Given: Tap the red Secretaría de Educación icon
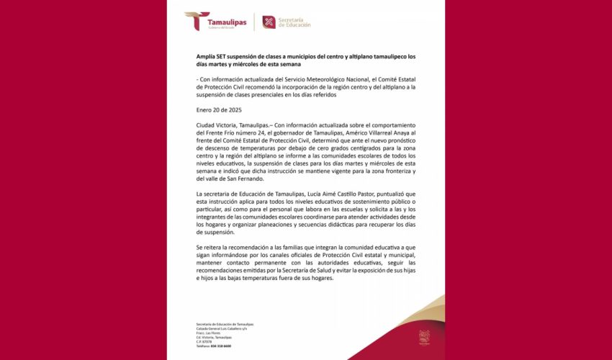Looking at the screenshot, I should click(269, 22).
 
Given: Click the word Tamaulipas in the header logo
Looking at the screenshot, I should click(227, 22).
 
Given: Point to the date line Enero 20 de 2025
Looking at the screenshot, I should click(219, 110).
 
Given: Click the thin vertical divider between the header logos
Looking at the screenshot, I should click(254, 22).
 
